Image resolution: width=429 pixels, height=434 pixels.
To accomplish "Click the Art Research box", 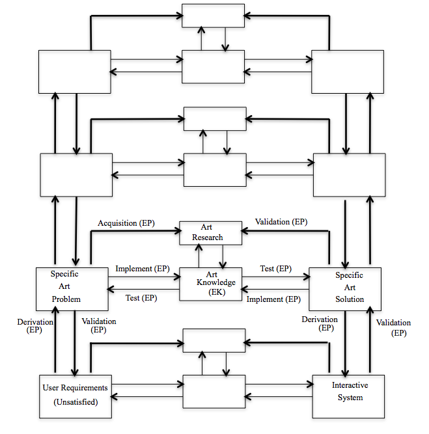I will [x=210, y=232].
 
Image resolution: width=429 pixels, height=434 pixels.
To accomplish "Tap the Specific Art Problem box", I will [x=72, y=286].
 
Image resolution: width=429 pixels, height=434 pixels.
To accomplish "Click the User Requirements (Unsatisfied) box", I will [x=75, y=395].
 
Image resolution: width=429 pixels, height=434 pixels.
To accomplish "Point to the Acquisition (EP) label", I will [x=126, y=223].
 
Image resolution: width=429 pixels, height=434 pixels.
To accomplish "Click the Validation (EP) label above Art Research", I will [x=281, y=222].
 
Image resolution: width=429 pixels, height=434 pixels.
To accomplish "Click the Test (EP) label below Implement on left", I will [x=141, y=298].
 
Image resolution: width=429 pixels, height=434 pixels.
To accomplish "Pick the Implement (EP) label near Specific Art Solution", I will [x=273, y=299].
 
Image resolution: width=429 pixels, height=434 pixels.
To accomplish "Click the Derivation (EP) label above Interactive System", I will [x=320, y=323].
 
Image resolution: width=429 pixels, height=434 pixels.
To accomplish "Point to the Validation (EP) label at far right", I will [x=394, y=327].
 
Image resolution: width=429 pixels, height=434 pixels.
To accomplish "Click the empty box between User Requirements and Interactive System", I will [x=214, y=391].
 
